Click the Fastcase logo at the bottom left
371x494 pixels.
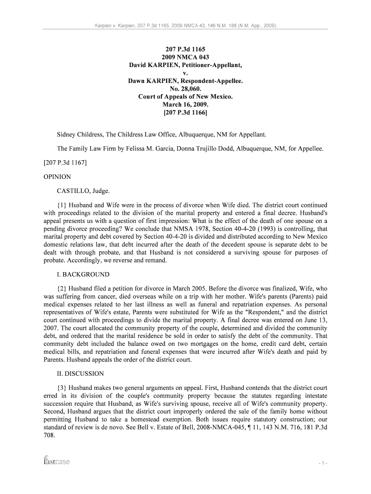[x=56, y=461]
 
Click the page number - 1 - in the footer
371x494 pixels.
[x=323, y=463]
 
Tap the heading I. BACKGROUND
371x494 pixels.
[x=83, y=274]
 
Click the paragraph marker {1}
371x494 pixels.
[x=63, y=205]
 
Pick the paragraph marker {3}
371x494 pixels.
[x=63, y=388]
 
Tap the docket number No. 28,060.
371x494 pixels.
[x=185, y=89]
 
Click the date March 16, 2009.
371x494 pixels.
[x=185, y=105]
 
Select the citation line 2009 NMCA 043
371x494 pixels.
[x=185, y=57]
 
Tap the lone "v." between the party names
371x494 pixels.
[x=185, y=73]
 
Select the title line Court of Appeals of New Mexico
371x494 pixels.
[x=185, y=96]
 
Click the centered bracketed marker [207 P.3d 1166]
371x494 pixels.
[x=185, y=113]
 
